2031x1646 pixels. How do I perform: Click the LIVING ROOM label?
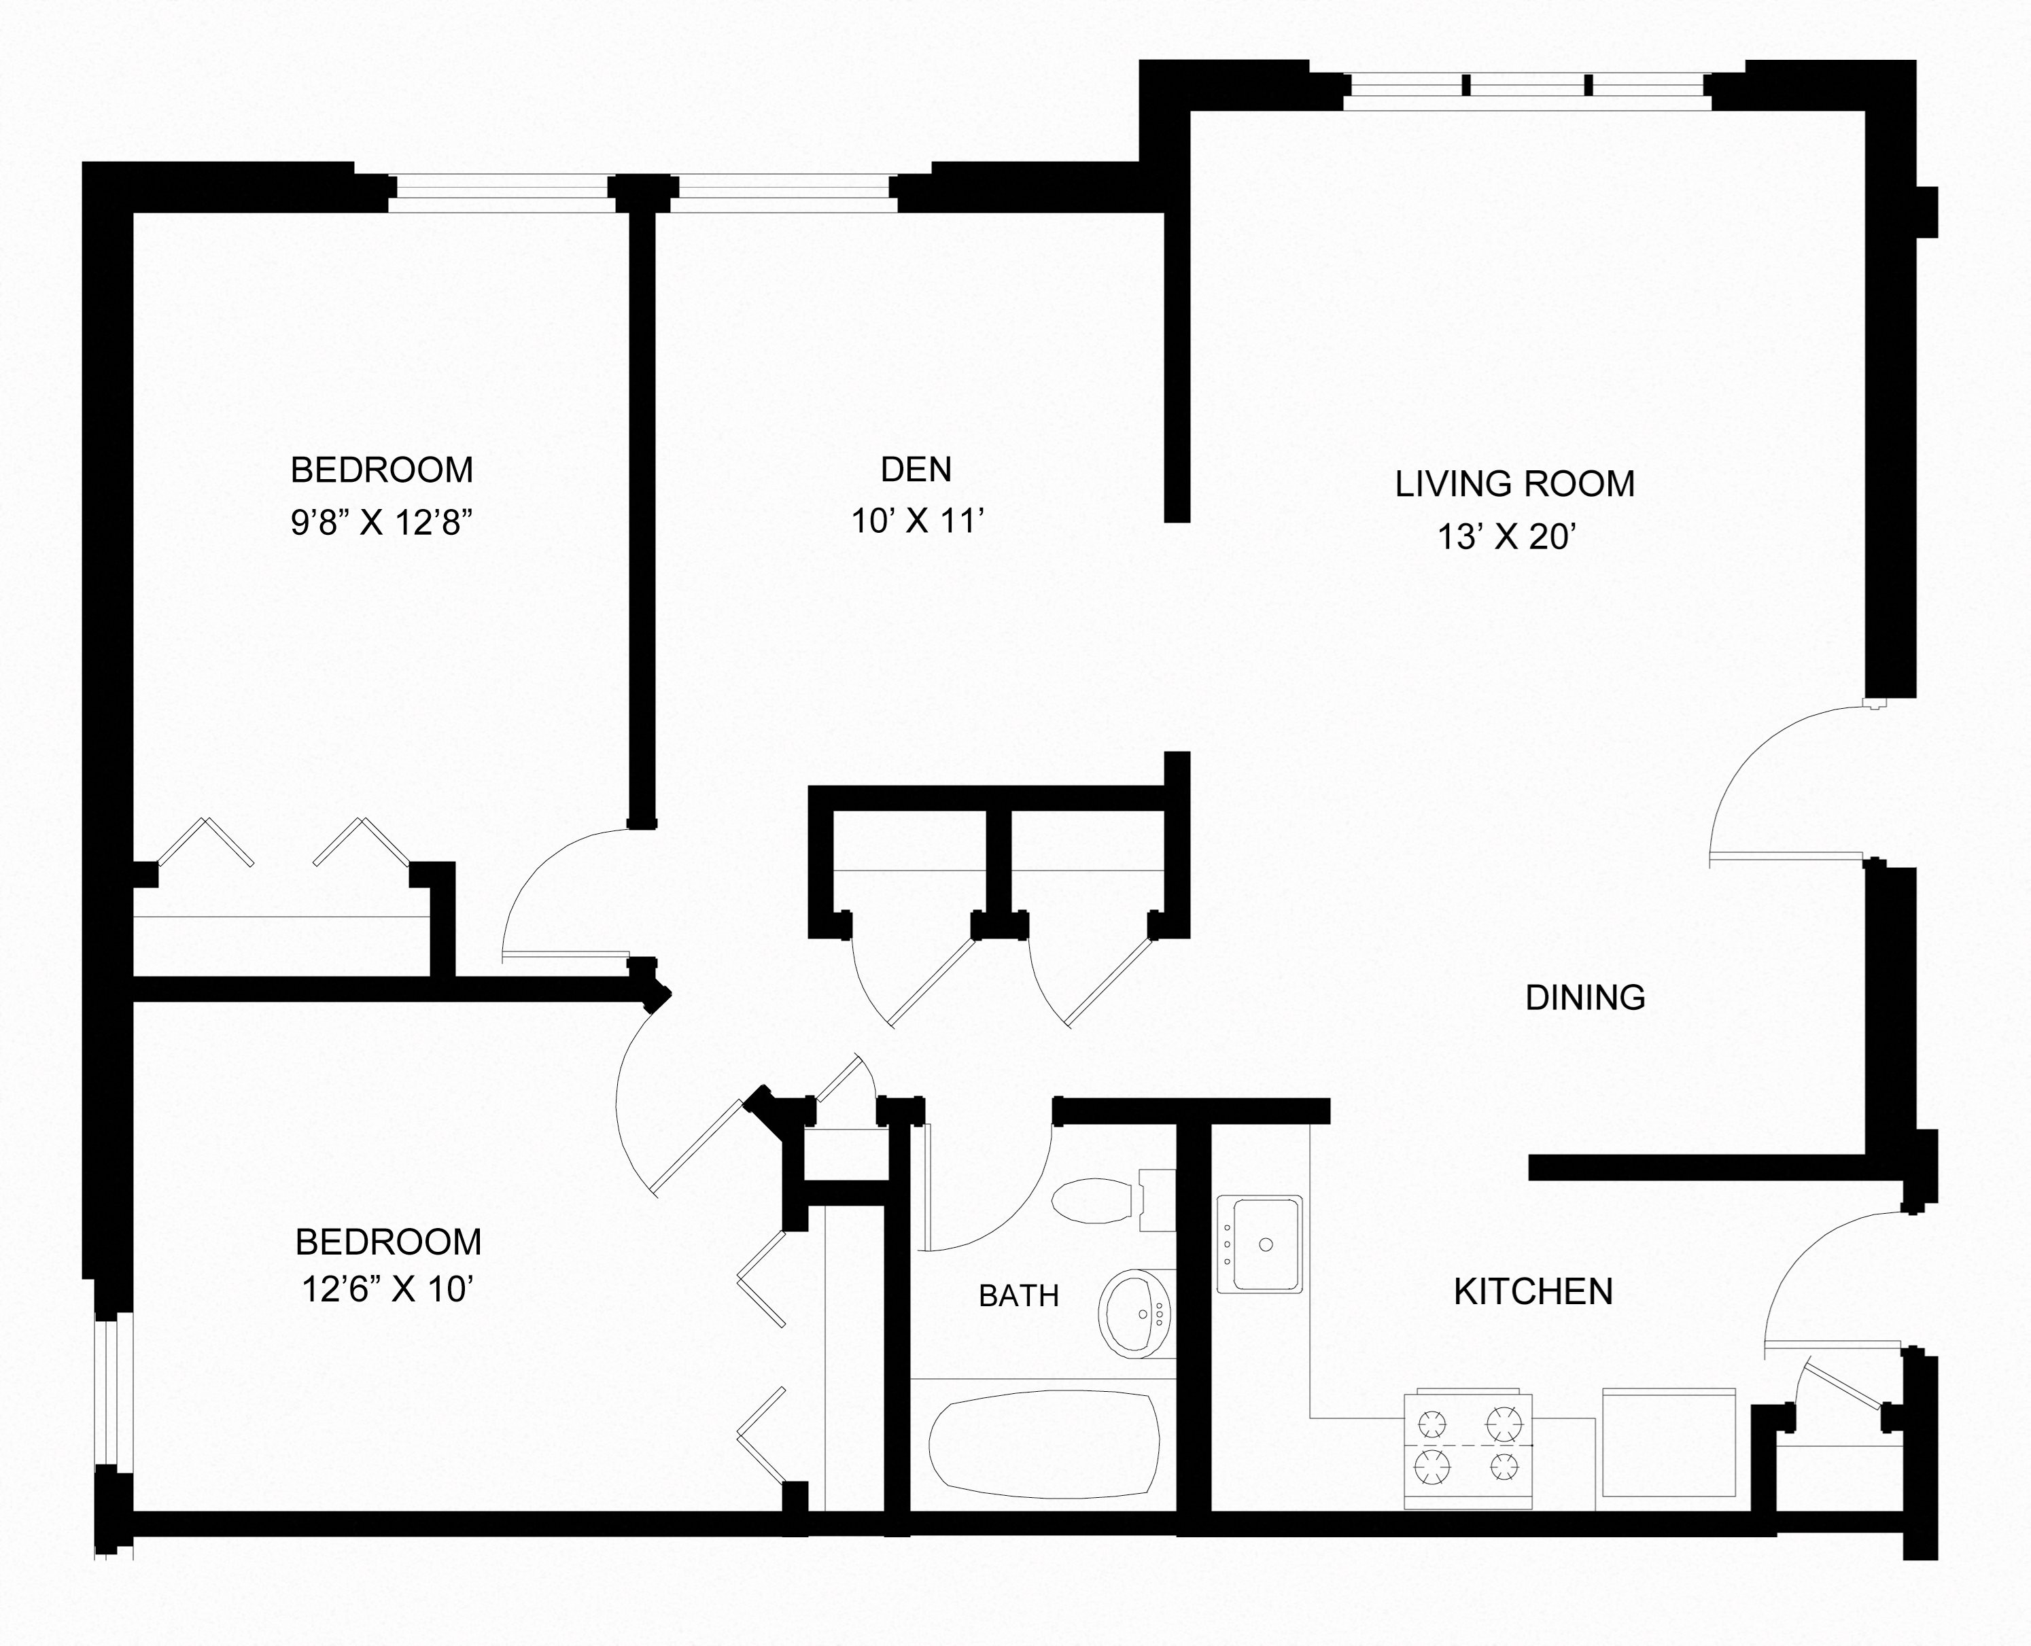tap(1514, 485)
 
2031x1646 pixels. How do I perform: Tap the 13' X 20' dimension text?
tap(1507, 538)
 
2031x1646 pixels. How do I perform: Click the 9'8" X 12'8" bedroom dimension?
tap(381, 523)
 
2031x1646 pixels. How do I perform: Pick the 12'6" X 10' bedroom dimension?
tap(388, 1289)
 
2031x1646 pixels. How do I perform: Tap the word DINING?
tap(1585, 998)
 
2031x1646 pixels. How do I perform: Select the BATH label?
tap(1018, 1295)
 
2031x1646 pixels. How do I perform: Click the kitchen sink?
tap(1260, 1243)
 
